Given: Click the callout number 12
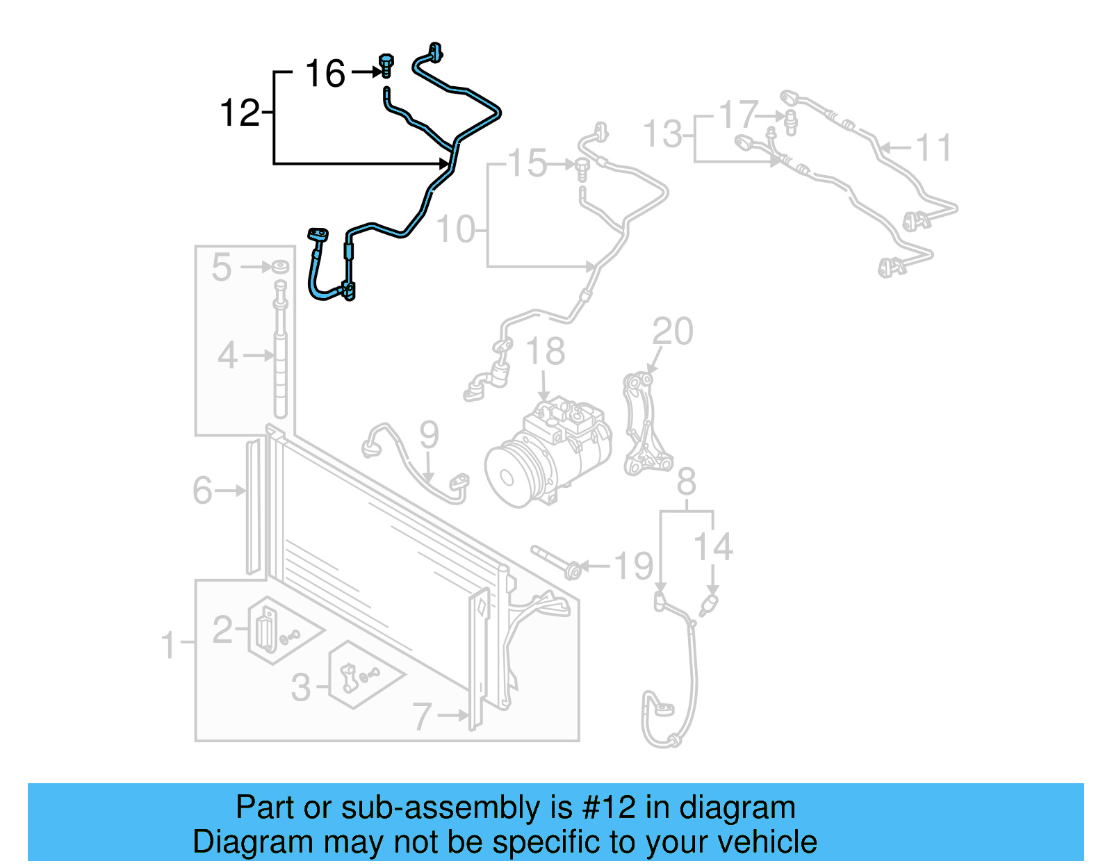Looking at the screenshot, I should [239, 113].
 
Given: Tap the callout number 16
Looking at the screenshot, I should [325, 74].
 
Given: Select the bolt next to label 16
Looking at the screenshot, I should [386, 65].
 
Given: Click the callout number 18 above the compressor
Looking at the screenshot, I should [546, 352].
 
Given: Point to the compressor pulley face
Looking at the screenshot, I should [506, 477].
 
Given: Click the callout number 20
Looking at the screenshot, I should [673, 331].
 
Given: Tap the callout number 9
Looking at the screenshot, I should [429, 435].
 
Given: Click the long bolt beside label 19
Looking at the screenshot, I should [556, 562].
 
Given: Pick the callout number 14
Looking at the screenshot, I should [713, 547].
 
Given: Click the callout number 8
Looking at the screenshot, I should [686, 482].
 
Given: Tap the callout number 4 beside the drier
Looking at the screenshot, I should [228, 356].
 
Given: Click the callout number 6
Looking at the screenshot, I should [202, 491].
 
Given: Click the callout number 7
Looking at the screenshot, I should [422, 716].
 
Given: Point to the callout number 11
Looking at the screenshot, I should [933, 148].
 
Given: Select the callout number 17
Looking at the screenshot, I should [737, 115].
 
